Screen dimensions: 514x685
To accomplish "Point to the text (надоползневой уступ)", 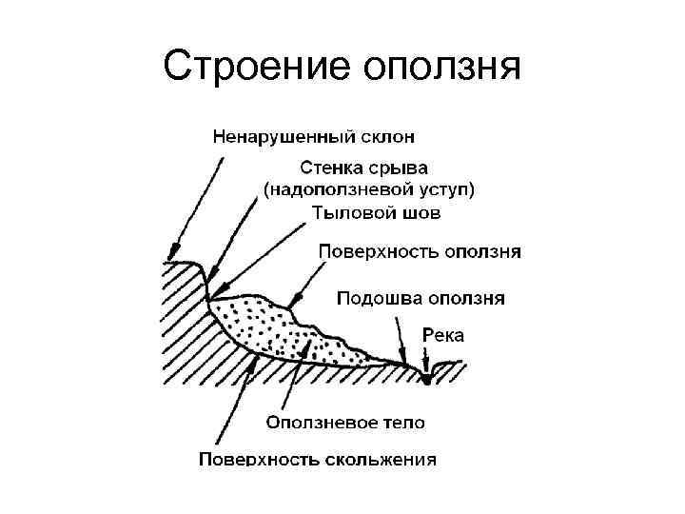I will point(370,190).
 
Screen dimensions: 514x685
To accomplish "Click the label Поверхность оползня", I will point(419,252).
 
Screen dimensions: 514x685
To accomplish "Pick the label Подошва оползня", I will point(422,298).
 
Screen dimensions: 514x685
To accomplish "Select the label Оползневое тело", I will point(345,421).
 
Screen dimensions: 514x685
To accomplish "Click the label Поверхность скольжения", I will point(318,460).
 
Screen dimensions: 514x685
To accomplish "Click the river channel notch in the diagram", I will point(427,376).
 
